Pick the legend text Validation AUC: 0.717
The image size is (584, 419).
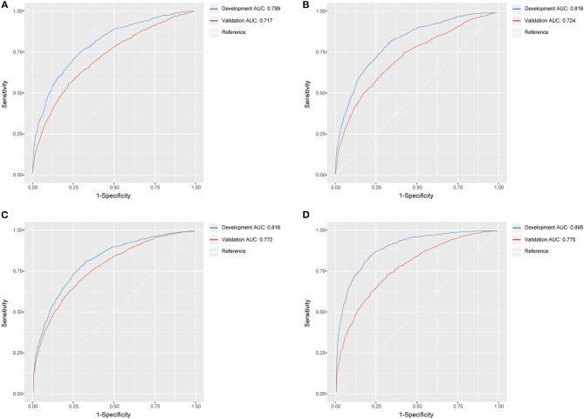click(x=246, y=21)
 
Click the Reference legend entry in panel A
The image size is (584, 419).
click(x=234, y=31)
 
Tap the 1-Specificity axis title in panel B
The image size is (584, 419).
click(x=416, y=196)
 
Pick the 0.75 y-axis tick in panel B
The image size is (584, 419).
click(x=324, y=52)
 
